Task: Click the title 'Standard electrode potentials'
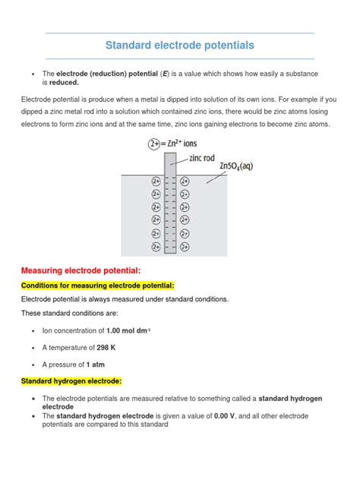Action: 180,46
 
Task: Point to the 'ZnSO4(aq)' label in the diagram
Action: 241,167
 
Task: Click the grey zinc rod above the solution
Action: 169,163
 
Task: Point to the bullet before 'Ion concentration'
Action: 33,330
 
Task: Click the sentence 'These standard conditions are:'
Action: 70,313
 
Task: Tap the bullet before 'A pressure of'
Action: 33,364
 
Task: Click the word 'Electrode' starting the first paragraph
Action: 39,99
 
